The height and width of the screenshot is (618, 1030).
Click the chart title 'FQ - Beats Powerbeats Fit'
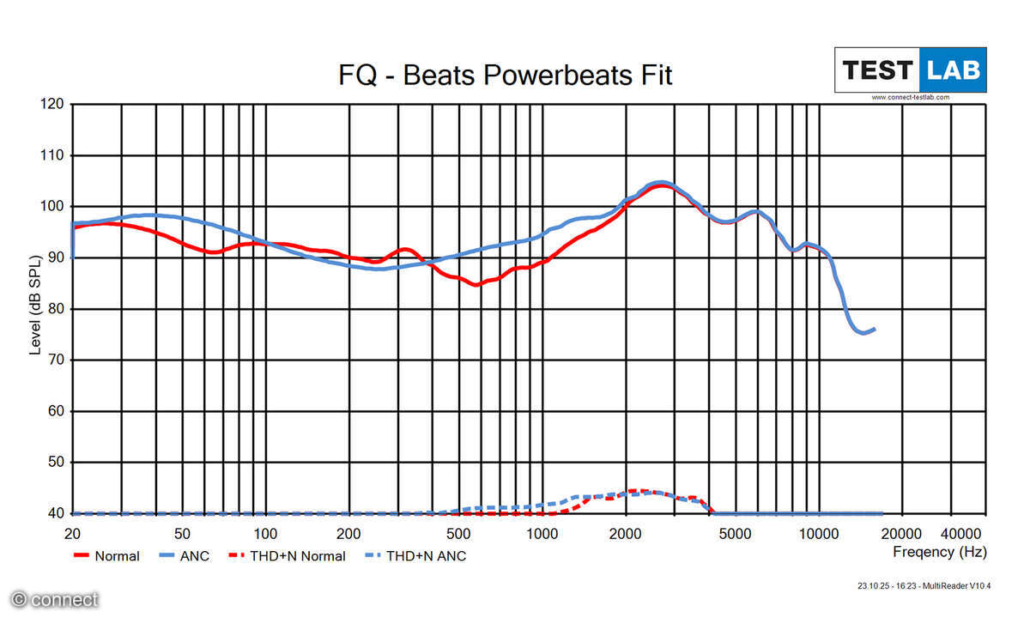coord(506,76)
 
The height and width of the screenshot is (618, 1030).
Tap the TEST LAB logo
coord(911,70)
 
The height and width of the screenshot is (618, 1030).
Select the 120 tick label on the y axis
coord(51,104)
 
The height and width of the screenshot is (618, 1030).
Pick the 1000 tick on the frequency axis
coord(542,533)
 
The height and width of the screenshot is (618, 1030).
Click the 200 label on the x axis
coord(348,533)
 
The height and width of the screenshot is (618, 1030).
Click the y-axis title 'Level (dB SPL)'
coord(35,305)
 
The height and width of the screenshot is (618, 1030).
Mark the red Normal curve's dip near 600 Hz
coord(476,284)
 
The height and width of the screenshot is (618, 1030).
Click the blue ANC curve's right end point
coord(875,329)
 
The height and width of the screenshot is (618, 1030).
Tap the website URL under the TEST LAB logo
coord(911,97)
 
